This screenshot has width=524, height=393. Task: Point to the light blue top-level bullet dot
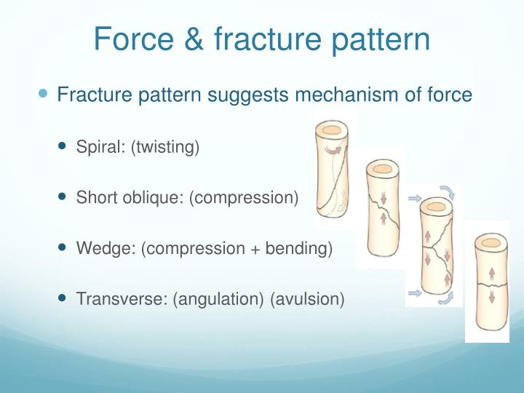pyautogui.click(x=43, y=94)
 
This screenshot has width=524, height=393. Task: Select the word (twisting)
pyautogui.click(x=165, y=147)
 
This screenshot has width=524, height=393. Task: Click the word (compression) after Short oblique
pyautogui.click(x=243, y=197)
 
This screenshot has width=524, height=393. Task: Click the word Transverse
pyautogui.click(x=121, y=298)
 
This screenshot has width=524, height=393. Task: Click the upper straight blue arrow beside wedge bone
pyautogui.click(x=415, y=196)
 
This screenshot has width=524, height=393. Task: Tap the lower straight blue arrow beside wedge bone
pyautogui.click(x=415, y=293)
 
